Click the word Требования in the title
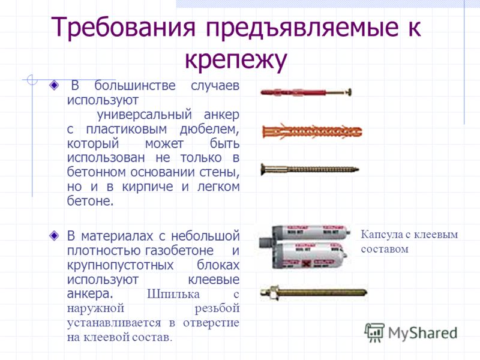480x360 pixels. click(123, 27)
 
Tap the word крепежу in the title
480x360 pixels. click(236, 59)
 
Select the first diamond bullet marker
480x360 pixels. click(54, 85)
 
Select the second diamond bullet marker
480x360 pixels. click(54, 235)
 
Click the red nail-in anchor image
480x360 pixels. click(306, 92)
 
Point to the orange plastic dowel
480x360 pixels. click(312, 131)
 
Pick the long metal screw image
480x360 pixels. click(310, 169)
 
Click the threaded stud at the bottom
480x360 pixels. click(314, 292)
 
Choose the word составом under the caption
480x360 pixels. click(385, 249)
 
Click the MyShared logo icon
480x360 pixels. click(374, 333)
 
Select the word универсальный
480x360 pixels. click(144, 115)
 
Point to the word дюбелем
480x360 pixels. click(209, 129)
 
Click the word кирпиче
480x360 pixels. click(148, 187)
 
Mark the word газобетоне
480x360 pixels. click(179, 250)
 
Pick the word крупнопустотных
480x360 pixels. click(121, 265)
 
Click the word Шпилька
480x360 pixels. click(173, 294)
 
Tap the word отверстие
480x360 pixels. click(211, 323)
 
